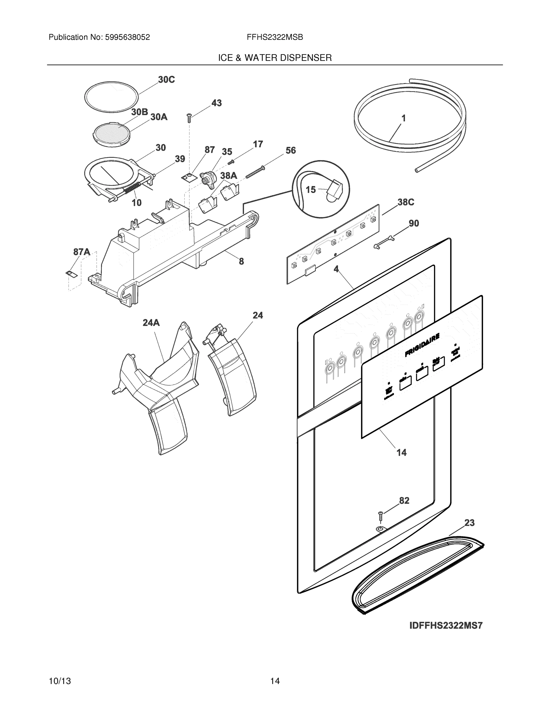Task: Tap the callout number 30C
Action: point(167,80)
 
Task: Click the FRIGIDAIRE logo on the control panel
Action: point(422,346)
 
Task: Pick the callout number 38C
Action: point(406,202)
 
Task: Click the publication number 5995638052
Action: point(127,37)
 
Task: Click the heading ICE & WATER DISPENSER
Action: point(275,58)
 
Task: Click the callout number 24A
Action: point(151,323)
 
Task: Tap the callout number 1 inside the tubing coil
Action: point(403,118)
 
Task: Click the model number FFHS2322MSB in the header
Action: point(275,37)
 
